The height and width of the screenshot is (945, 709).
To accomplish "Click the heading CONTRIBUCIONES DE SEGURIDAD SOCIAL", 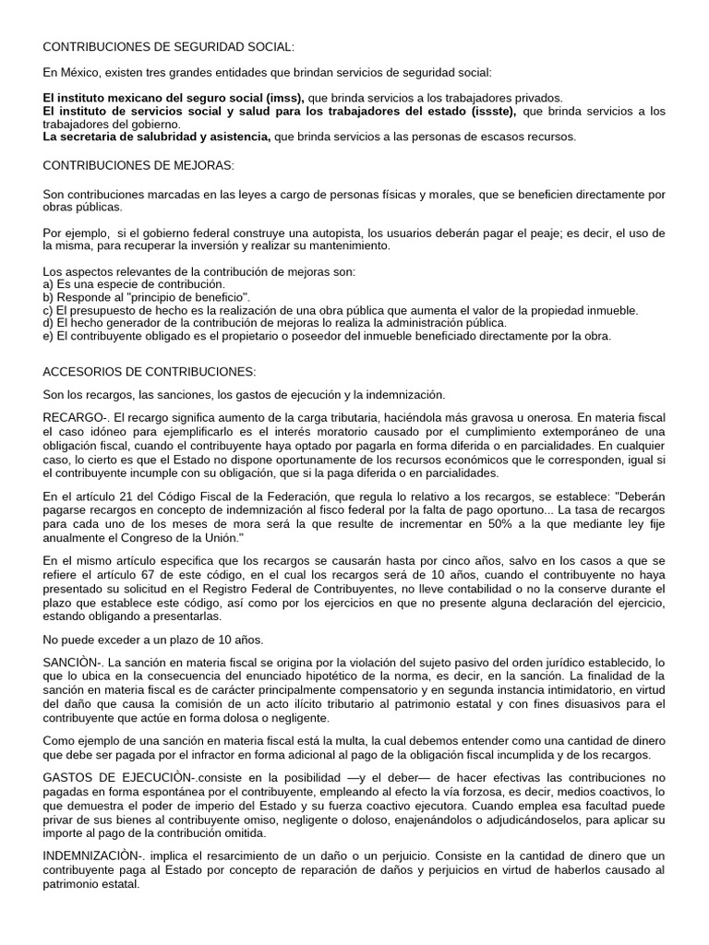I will (169, 46).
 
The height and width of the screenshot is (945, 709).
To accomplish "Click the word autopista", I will (332, 233).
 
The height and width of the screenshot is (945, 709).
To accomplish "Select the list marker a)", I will (49, 285).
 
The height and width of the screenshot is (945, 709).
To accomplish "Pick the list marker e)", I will (49, 337).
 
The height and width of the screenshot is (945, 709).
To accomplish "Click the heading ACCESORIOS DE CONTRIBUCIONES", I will (149, 371).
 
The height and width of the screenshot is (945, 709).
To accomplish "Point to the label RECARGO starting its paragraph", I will (72, 418).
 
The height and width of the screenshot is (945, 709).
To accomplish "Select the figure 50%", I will (511, 523).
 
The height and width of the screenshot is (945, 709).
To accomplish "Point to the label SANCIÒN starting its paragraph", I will (70, 664).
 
